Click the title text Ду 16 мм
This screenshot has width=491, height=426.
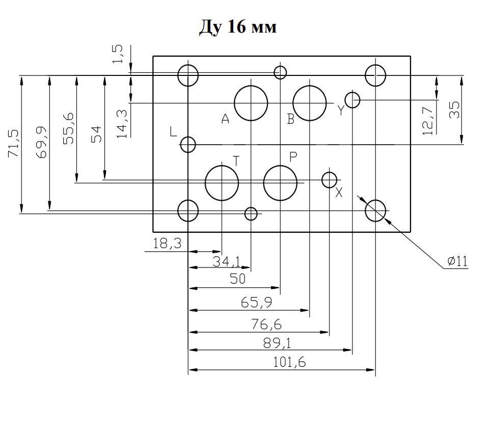237,26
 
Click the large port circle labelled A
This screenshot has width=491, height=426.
251,103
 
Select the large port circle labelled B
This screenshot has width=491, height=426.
310,103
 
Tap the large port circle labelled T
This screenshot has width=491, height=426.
222,183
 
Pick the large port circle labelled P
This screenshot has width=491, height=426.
280,183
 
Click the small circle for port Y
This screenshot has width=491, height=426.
352,100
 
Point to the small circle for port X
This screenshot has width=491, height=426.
330,179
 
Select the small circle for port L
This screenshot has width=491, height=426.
188,145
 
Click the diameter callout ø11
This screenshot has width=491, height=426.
457,262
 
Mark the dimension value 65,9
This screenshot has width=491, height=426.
256,303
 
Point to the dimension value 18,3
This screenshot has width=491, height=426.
167,244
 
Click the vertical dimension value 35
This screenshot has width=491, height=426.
454,110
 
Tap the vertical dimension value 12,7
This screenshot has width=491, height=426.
428,118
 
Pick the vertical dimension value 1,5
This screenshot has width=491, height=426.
118,55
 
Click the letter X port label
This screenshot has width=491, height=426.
339,193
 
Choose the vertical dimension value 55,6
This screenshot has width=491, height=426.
69,128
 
